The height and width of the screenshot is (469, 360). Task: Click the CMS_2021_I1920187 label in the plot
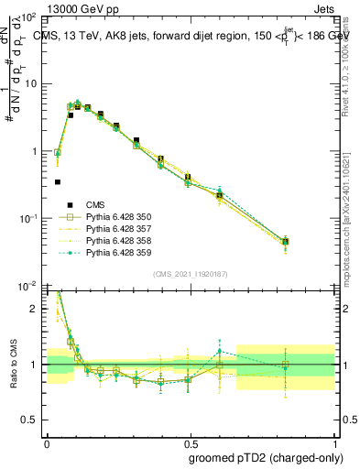(x=190, y=273)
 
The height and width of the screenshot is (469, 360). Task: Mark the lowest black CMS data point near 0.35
(x=58, y=181)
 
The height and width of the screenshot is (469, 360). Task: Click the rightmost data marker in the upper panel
(x=286, y=242)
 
